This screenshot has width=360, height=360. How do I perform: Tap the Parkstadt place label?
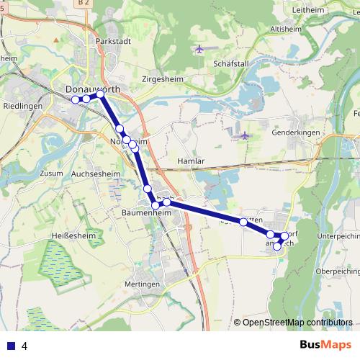(x=112, y=42)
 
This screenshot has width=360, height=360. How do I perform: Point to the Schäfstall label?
(x=231, y=63)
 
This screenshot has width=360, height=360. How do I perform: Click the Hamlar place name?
(x=191, y=161)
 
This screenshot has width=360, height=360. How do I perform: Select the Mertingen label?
(x=143, y=284)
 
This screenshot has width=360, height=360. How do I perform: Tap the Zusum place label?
(x=52, y=174)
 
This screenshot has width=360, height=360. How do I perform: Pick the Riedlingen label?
(x=22, y=105)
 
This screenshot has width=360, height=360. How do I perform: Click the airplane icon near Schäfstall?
(x=199, y=49)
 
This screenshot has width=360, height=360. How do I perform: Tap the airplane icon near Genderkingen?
(x=244, y=135)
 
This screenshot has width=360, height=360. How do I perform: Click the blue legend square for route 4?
(x=10, y=346)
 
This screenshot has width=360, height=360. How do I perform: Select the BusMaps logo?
(x=325, y=345)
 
